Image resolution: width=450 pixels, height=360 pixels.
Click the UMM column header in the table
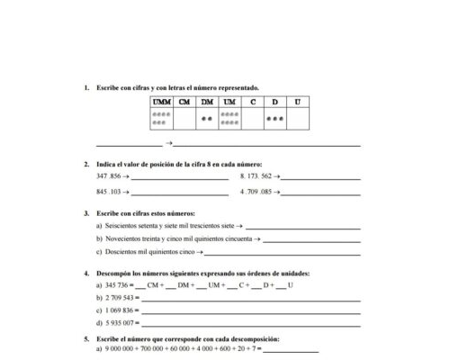pos(162,102)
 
